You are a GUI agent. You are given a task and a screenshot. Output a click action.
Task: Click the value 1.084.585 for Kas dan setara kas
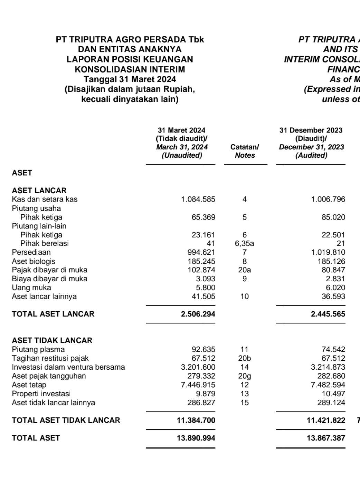tap(198, 199)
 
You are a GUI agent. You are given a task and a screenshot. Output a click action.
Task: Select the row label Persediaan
tap(31, 252)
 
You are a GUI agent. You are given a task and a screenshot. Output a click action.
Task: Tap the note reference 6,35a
tap(244, 244)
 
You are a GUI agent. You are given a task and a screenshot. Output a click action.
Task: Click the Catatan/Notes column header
tap(245, 151)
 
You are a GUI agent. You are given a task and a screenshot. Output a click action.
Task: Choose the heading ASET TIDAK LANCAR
tap(52, 341)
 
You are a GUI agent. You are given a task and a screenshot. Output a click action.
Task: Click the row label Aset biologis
tap(34, 262)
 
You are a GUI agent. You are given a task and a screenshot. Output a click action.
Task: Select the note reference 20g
tap(244, 376)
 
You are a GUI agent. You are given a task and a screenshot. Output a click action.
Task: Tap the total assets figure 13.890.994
tap(196, 438)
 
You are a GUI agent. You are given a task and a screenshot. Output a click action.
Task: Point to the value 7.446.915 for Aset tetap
tap(198, 385)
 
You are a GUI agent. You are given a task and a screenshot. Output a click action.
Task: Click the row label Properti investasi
tap(41, 394)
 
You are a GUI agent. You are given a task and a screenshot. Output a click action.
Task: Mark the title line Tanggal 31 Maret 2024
tap(130, 79)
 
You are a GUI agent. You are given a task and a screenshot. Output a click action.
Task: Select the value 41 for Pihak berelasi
tap(211, 244)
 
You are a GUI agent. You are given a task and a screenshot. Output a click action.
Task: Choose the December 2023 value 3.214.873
tap(328, 367)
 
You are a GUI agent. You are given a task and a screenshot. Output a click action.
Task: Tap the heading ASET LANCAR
tap(39, 191)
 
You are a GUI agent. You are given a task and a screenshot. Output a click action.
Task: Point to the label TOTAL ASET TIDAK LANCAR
tap(66, 420)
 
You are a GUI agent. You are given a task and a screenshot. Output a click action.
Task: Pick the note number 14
tap(244, 367)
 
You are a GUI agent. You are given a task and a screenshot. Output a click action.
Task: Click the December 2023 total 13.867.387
tap(326, 438)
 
